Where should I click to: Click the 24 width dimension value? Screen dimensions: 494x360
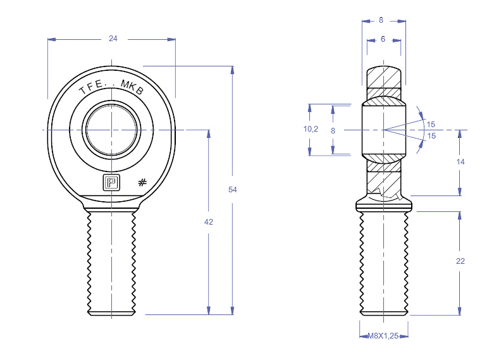point(113,39)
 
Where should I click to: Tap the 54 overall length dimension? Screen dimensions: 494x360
point(233,189)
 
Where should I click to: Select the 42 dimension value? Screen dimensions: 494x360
point(209,222)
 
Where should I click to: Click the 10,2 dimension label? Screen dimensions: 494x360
point(311,128)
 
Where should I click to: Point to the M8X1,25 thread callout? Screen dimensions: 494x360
point(383,336)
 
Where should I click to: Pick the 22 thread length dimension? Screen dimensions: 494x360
point(460,261)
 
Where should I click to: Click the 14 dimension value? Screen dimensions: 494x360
point(460,162)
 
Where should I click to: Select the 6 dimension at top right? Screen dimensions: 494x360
point(383,39)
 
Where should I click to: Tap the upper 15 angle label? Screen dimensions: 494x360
point(431,124)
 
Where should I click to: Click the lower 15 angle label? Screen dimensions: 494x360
point(431,136)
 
